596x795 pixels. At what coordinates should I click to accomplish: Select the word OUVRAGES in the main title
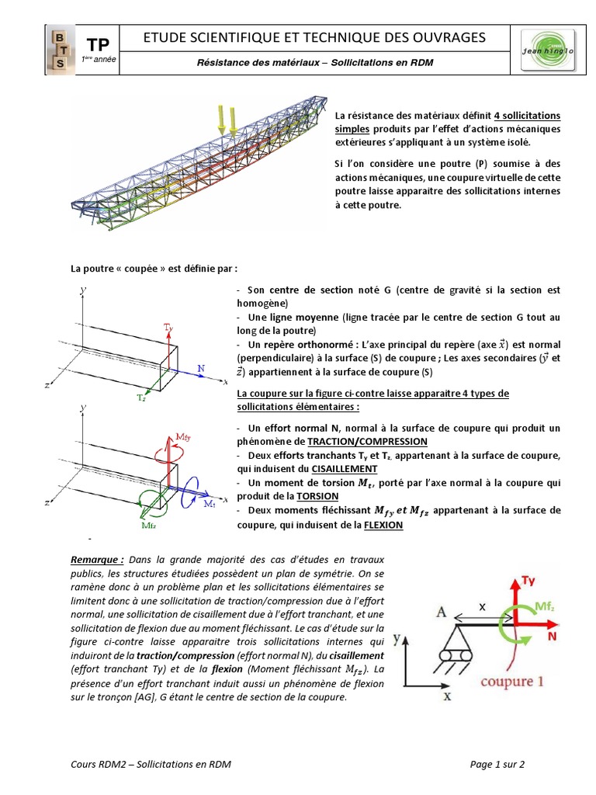(447, 37)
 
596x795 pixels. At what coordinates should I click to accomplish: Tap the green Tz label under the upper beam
(141, 397)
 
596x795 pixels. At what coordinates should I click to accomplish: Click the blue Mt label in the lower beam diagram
(210, 505)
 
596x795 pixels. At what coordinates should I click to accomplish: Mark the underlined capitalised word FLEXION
(380, 526)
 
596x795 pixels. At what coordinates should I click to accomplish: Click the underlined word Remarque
(97, 560)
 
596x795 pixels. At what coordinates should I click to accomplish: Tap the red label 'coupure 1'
(507, 682)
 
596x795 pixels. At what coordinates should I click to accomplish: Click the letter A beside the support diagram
(441, 611)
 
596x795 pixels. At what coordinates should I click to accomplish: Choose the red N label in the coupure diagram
(554, 634)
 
